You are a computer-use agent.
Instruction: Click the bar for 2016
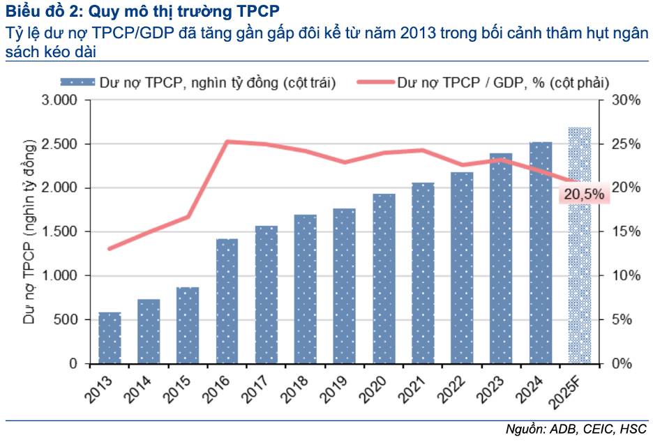tap(227, 301)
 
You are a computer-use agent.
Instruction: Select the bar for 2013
tap(110, 338)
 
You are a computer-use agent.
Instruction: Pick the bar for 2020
tap(384, 279)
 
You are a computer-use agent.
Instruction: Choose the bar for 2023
tap(501, 258)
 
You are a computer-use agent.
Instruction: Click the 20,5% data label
tap(584, 195)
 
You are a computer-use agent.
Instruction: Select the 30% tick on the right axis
tap(626, 100)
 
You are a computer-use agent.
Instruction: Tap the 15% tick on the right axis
tap(626, 232)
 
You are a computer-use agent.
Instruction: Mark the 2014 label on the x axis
tap(140, 389)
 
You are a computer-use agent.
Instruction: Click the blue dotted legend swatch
tap(82, 83)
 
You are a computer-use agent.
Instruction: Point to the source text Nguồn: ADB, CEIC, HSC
tap(576, 429)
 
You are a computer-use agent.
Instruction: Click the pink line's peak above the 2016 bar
tap(227, 142)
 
